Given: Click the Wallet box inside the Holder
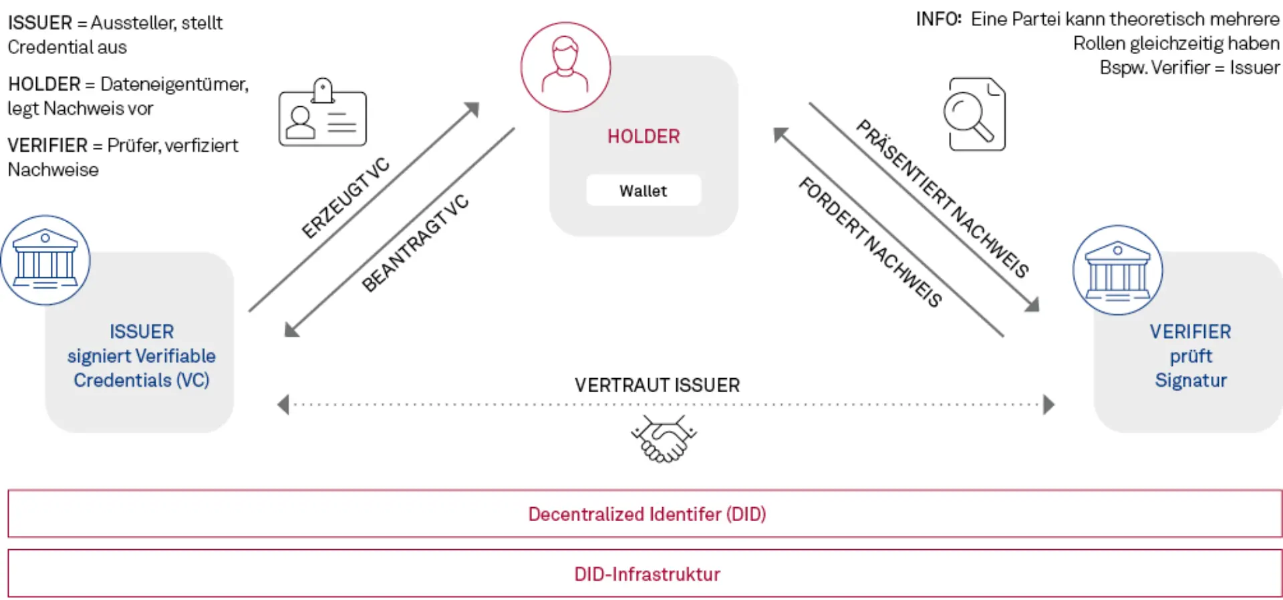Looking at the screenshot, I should click(644, 190).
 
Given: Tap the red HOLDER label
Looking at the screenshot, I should click(643, 136).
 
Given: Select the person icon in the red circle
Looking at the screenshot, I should click(565, 67).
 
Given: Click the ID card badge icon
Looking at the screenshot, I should click(322, 114).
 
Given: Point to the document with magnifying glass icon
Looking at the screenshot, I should click(974, 114).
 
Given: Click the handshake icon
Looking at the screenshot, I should click(664, 440).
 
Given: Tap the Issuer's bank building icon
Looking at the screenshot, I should click(45, 261).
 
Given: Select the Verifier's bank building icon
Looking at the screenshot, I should click(1117, 271).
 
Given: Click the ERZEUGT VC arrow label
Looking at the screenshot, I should click(345, 198).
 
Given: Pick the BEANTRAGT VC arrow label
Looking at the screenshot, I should click(415, 243).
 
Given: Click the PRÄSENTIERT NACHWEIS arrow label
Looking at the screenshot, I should click(943, 198).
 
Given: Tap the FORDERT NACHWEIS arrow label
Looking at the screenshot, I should click(871, 242).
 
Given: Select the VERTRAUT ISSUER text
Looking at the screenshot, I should click(657, 386).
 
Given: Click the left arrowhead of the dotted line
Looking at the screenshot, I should click(283, 404).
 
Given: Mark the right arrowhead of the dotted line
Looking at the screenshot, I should click(1048, 404).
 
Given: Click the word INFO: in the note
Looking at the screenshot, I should click(938, 19).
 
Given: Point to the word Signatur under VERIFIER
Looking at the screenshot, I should click(1190, 380).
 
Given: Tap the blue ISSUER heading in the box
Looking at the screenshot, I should click(142, 331).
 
